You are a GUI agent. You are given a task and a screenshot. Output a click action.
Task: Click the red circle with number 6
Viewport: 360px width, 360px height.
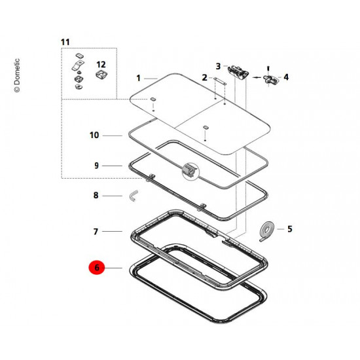[97, 268]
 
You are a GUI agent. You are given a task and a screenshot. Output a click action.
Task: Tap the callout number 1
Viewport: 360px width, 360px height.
[138, 79]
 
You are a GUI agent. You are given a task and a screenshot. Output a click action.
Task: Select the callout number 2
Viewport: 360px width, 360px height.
[204, 78]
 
